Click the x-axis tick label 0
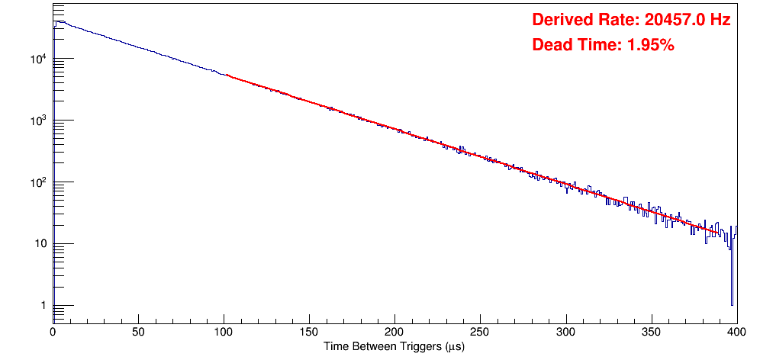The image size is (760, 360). pos(53,333)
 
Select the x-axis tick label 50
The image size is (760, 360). pos(138,333)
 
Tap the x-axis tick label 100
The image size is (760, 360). pos(224,333)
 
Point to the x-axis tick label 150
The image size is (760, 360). pos(309,333)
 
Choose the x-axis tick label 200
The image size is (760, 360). pos(394,333)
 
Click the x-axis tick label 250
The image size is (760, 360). pos(480,333)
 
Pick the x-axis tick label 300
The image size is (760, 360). pos(565,333)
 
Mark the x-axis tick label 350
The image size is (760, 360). pos(651,333)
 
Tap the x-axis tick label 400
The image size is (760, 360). pos(736,333)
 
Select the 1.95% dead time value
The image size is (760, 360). pos(650,46)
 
